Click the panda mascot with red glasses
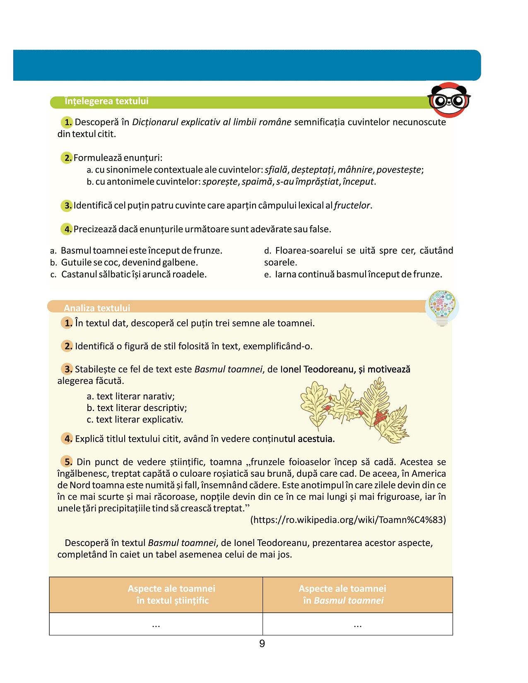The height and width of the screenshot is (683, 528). (x=449, y=100)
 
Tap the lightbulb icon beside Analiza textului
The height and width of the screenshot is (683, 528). (x=442, y=308)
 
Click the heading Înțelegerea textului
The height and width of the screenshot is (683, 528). (x=106, y=101)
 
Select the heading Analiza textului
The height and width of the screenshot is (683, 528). (x=97, y=308)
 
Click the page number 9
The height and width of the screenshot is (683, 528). (x=262, y=644)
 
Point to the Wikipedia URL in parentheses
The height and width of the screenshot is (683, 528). (x=348, y=520)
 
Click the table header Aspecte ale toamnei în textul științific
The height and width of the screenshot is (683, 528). (x=172, y=594)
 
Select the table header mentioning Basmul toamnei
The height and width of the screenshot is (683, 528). (x=343, y=594)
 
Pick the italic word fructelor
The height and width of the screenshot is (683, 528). (x=352, y=206)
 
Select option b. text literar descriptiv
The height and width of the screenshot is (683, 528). (x=137, y=408)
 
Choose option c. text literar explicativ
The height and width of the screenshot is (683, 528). (x=135, y=420)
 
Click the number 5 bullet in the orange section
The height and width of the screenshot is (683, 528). (x=67, y=462)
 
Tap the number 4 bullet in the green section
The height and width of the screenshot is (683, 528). (x=67, y=229)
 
